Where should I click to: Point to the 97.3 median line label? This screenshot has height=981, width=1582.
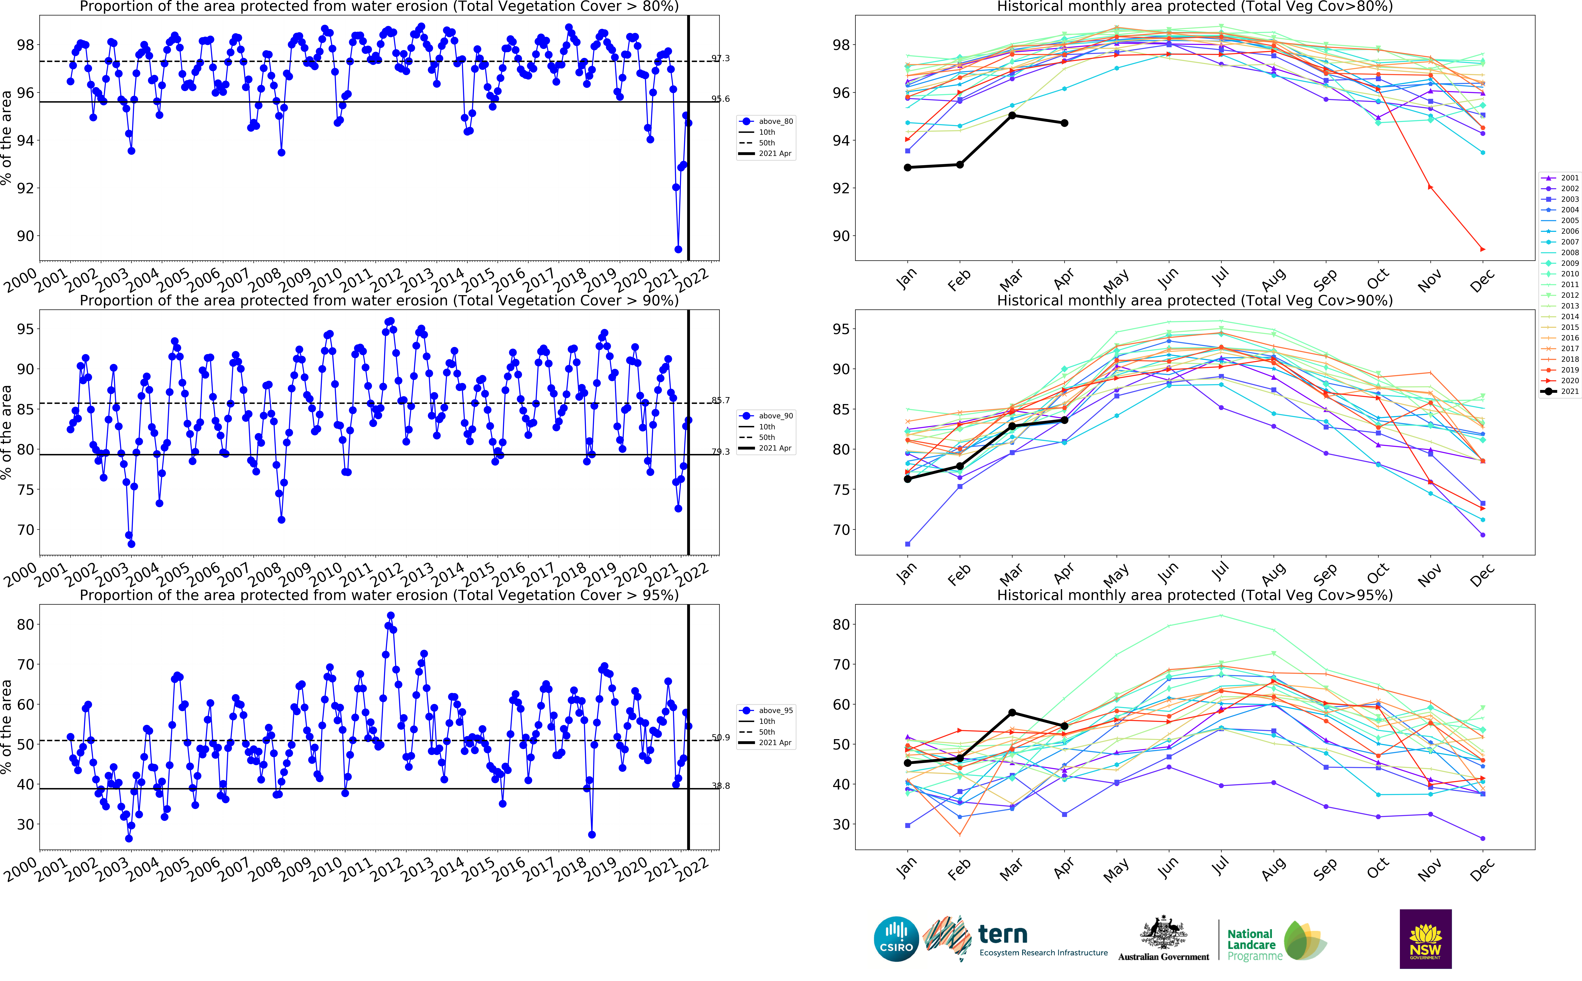point(720,58)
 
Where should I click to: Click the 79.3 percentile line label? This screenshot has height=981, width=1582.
point(720,452)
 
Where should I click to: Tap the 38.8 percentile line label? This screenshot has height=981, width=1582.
point(720,786)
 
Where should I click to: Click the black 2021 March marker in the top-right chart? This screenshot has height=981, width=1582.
point(1012,115)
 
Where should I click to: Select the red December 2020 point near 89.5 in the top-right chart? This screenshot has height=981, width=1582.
point(1483,249)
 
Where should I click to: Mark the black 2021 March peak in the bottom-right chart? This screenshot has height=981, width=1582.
point(1012,712)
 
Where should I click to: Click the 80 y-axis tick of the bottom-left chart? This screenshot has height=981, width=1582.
point(25,624)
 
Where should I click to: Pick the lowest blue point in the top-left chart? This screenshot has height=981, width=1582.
point(678,249)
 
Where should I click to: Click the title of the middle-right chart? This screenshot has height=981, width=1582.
point(1194,300)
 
